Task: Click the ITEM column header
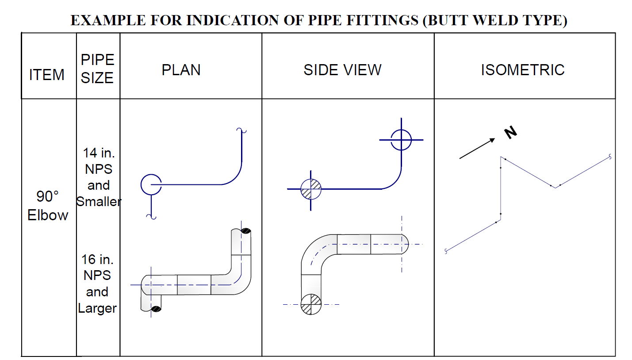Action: point(47,75)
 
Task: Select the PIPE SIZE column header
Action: point(97,69)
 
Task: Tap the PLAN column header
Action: point(181,70)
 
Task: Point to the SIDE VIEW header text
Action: point(342,70)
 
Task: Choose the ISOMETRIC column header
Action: point(522,70)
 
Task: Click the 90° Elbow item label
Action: point(48,206)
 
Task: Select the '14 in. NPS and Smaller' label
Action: point(99,177)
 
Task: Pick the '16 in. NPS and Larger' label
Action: point(97,283)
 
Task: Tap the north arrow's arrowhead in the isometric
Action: point(493,140)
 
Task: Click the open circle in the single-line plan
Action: point(151,184)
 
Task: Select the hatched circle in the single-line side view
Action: point(311,189)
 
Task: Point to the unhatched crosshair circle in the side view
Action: point(401,140)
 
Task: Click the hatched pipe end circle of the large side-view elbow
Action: point(311,304)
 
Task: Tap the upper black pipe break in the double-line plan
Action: point(246,231)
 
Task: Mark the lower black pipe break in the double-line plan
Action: point(156,309)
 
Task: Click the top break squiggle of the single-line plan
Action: point(241,130)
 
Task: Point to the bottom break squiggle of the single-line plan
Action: point(151,217)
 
